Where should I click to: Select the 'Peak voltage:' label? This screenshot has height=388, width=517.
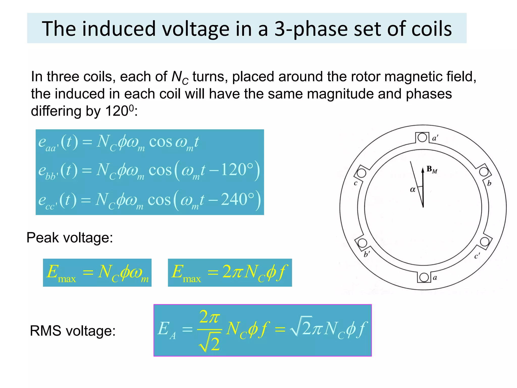[70, 238]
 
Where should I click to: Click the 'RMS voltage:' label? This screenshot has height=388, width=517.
[73, 331]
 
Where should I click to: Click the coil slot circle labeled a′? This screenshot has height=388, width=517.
[422, 138]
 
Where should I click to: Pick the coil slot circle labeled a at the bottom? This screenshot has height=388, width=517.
[424, 277]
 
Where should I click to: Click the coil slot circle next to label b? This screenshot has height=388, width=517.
[484, 172]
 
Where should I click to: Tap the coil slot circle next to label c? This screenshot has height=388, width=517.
[361, 173]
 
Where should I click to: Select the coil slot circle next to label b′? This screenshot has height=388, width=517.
[363, 243]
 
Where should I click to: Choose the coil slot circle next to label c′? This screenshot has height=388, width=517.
[484, 241]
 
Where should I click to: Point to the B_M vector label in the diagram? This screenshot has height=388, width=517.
[432, 169]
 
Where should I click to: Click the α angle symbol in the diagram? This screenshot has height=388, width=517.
[412, 189]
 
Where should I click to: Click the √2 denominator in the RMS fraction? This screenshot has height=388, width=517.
[210, 344]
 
